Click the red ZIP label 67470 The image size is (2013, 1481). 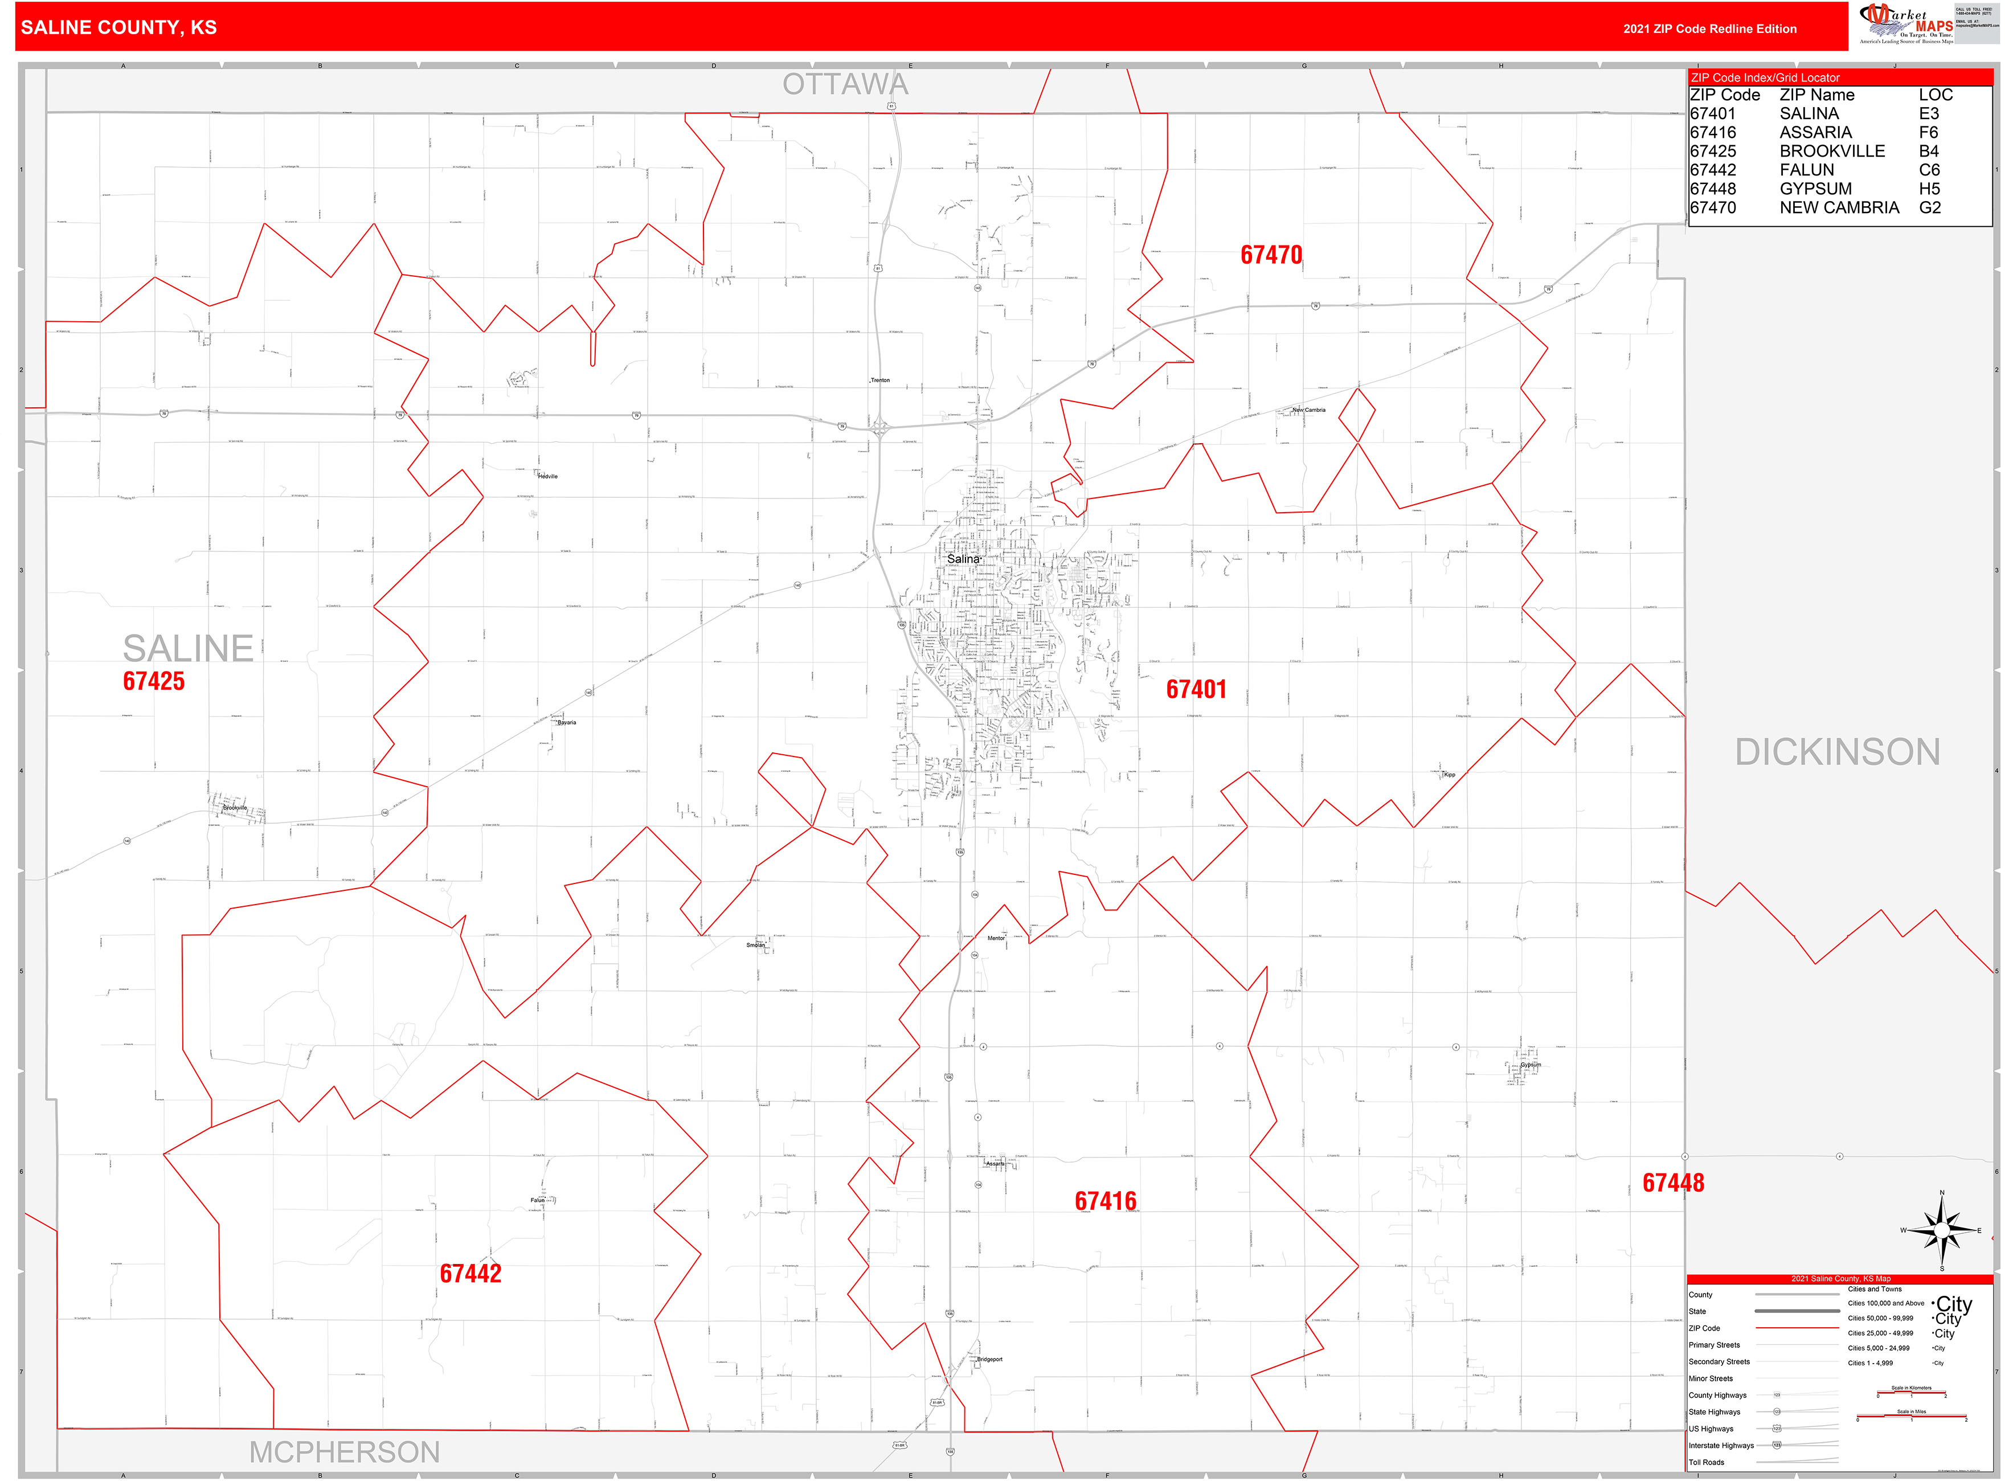click(x=1270, y=256)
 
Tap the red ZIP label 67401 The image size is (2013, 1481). click(x=1196, y=689)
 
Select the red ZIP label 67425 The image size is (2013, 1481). click(x=153, y=681)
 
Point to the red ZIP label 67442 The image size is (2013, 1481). click(x=470, y=1274)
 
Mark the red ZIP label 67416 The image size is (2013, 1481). click(x=1105, y=1201)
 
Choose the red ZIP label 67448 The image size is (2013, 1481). click(x=1672, y=1183)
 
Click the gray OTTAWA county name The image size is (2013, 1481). click(x=845, y=84)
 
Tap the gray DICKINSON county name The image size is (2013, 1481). click(x=1838, y=752)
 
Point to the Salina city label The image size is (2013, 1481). click(x=963, y=559)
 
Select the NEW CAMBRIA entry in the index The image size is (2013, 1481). click(x=1839, y=208)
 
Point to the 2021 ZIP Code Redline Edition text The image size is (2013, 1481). click(x=1709, y=28)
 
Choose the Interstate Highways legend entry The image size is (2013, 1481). click(x=1721, y=1445)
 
